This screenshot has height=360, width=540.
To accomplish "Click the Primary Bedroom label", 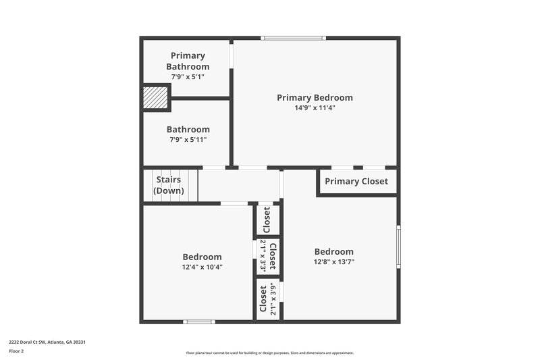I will pyautogui.click(x=315, y=97).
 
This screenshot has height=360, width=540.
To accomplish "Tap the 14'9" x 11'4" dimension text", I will pyautogui.click(x=315, y=107).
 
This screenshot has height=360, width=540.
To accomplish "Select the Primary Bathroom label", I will pyautogui.click(x=188, y=61).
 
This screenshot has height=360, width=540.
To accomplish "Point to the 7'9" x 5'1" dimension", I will pyautogui.click(x=188, y=77).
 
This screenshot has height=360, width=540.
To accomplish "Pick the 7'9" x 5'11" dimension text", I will pyautogui.click(x=188, y=140).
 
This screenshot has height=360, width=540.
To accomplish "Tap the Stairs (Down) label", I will pyautogui.click(x=169, y=185).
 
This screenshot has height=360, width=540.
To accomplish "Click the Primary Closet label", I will pyautogui.click(x=356, y=181).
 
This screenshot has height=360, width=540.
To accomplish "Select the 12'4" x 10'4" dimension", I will pyautogui.click(x=202, y=267).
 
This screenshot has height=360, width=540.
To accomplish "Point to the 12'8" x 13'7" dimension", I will pyautogui.click(x=333, y=261).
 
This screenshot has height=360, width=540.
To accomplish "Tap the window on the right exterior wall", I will pyautogui.click(x=398, y=247).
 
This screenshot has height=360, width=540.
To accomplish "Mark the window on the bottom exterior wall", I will pyautogui.click(x=199, y=322).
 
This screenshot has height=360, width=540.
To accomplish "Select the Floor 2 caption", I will pyautogui.click(x=16, y=351).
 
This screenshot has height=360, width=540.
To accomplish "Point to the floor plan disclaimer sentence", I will pyautogui.click(x=270, y=353).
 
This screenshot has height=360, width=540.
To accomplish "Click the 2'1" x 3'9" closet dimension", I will pyautogui.click(x=273, y=299).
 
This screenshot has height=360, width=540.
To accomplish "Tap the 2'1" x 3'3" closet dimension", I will pyautogui.click(x=263, y=256).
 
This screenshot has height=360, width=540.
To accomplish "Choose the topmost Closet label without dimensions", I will pyautogui.click(x=267, y=219).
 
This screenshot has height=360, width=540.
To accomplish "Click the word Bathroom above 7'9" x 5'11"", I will pyautogui.click(x=188, y=129).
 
